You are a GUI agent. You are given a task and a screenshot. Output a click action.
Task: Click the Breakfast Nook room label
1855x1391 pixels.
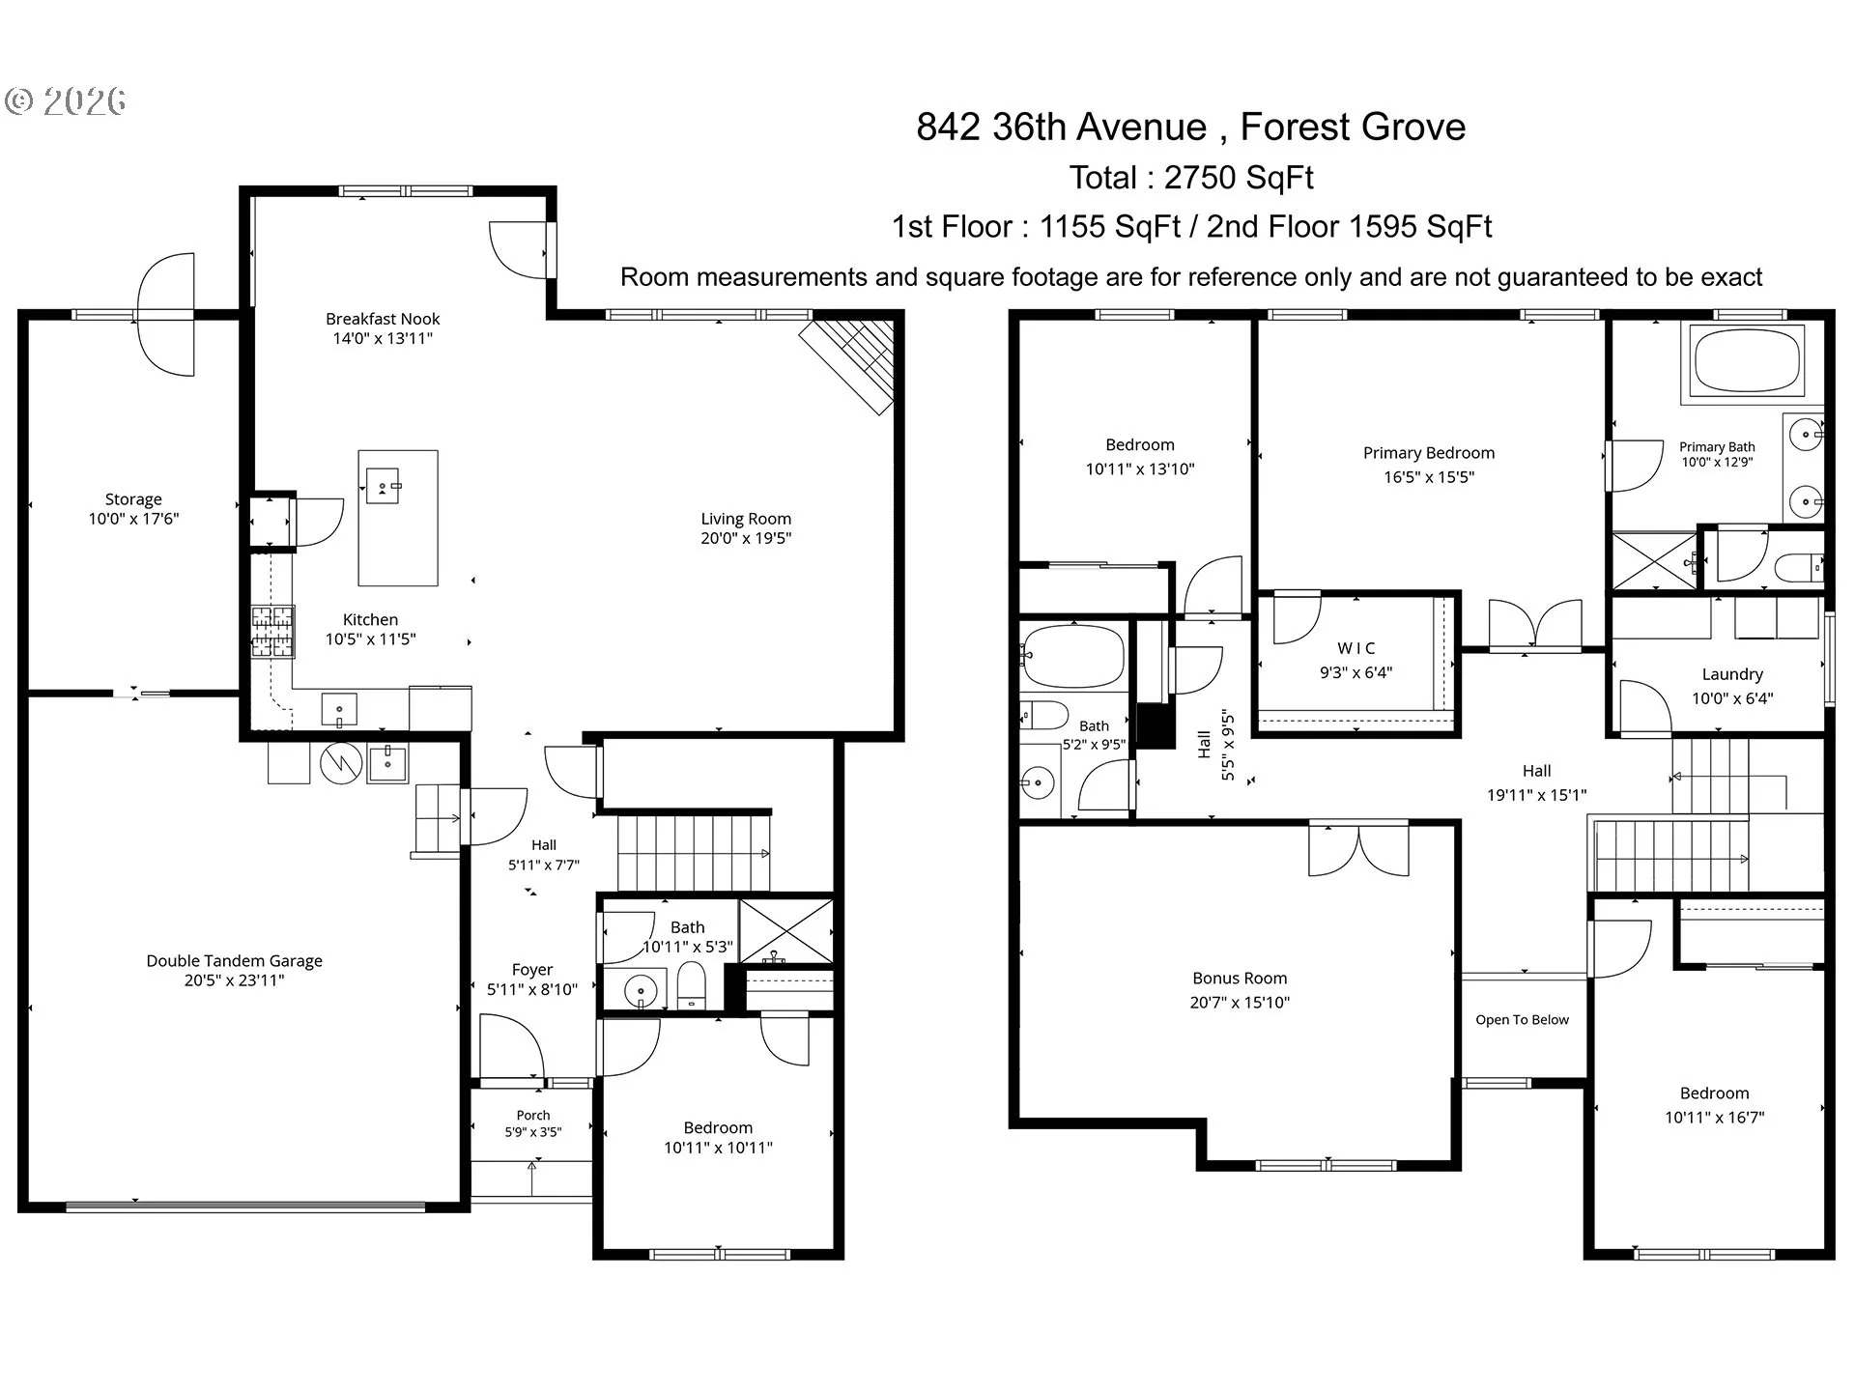tap(383, 319)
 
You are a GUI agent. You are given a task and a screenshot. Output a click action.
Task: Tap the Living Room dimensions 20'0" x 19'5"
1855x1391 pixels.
tap(746, 539)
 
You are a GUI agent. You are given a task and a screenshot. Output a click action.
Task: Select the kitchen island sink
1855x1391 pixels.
tap(383, 485)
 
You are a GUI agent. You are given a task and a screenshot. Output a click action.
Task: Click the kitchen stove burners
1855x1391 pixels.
tap(272, 632)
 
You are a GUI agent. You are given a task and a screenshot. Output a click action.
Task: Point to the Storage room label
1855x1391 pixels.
tap(133, 499)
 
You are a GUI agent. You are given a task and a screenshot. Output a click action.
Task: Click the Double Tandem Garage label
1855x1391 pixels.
tap(234, 961)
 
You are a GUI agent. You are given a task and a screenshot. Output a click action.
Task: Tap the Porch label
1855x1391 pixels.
tap(533, 1116)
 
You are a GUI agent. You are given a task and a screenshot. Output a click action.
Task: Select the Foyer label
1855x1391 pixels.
tap(532, 970)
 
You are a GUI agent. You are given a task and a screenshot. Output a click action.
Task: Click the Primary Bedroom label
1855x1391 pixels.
tap(1429, 453)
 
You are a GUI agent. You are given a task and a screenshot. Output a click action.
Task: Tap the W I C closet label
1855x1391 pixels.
tap(1356, 648)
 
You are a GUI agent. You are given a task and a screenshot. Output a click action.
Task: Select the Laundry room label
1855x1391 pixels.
tap(1732, 674)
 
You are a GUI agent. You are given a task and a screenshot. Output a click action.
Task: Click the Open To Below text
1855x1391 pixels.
tap(1523, 1020)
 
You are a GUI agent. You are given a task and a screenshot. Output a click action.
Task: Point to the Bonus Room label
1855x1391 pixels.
tap(1240, 979)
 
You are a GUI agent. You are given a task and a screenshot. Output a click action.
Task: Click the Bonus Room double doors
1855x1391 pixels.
tap(1358, 850)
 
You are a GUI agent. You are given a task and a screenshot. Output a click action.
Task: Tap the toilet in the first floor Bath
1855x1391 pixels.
tap(692, 985)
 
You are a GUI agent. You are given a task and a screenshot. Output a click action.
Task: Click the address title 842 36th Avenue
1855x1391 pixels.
tap(1062, 127)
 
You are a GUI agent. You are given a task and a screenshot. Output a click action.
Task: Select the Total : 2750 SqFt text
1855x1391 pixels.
tap(1191, 178)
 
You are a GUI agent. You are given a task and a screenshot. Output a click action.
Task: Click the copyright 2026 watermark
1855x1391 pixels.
tap(66, 101)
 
